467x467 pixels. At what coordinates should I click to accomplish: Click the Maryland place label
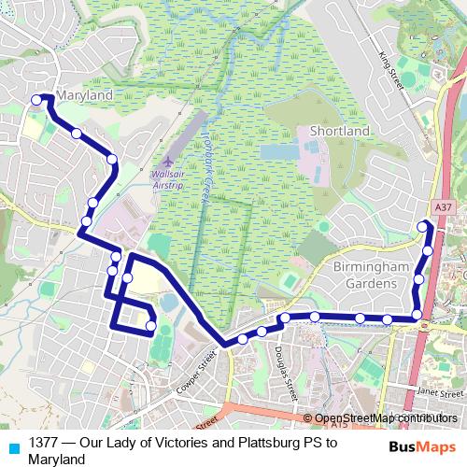pyautogui.click(x=85, y=95)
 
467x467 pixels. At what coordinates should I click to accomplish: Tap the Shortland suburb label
pyautogui.click(x=339, y=132)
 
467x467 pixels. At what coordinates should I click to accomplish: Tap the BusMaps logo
pyautogui.click(x=423, y=447)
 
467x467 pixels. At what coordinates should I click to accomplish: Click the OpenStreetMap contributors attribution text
pyautogui.click(x=386, y=418)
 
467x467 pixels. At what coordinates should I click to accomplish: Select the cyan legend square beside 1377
pyautogui.click(x=13, y=448)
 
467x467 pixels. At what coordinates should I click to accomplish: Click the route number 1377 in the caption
pyautogui.click(x=44, y=442)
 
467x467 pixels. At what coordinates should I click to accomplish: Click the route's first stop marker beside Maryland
pyautogui.click(x=37, y=100)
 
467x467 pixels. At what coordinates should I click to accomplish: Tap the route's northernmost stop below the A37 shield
pyautogui.click(x=423, y=225)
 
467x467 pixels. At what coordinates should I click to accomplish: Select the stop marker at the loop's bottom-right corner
pyautogui.click(x=151, y=326)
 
